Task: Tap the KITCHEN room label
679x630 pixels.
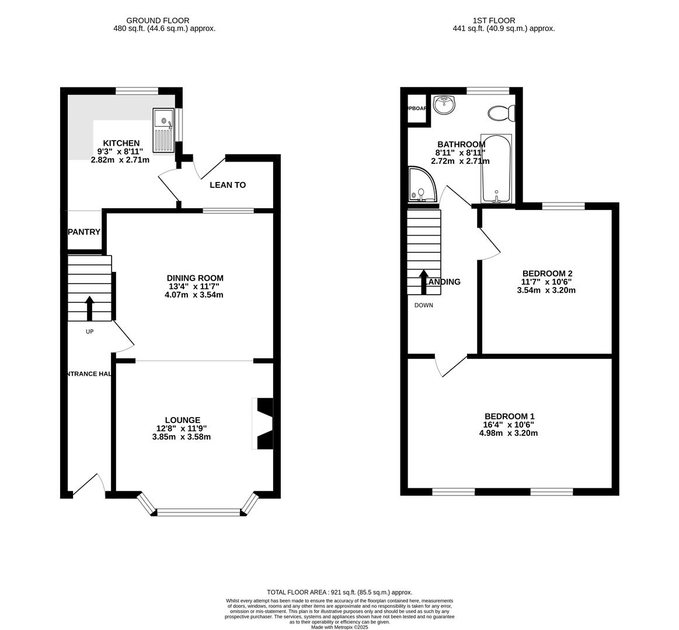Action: pyautogui.click(x=121, y=143)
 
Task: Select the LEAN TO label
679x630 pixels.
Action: pyautogui.click(x=228, y=185)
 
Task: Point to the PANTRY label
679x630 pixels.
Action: pyautogui.click(x=84, y=232)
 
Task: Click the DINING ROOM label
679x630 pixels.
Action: pyautogui.click(x=195, y=278)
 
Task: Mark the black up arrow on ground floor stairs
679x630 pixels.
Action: pyautogui.click(x=89, y=308)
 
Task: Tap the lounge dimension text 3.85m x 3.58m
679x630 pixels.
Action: pyautogui.click(x=182, y=436)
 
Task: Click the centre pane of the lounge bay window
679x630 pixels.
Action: pyautogui.click(x=199, y=513)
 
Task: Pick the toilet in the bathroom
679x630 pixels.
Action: pyautogui.click(x=501, y=113)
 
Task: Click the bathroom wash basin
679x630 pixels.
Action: pyautogui.click(x=445, y=106)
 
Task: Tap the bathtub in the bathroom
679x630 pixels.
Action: pyautogui.click(x=496, y=169)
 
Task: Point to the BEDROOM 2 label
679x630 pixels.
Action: pyautogui.click(x=547, y=273)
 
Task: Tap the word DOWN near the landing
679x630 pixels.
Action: pyautogui.click(x=423, y=305)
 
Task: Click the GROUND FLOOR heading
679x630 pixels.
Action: pyautogui.click(x=158, y=20)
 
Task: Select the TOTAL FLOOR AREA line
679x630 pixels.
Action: pyautogui.click(x=339, y=591)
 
